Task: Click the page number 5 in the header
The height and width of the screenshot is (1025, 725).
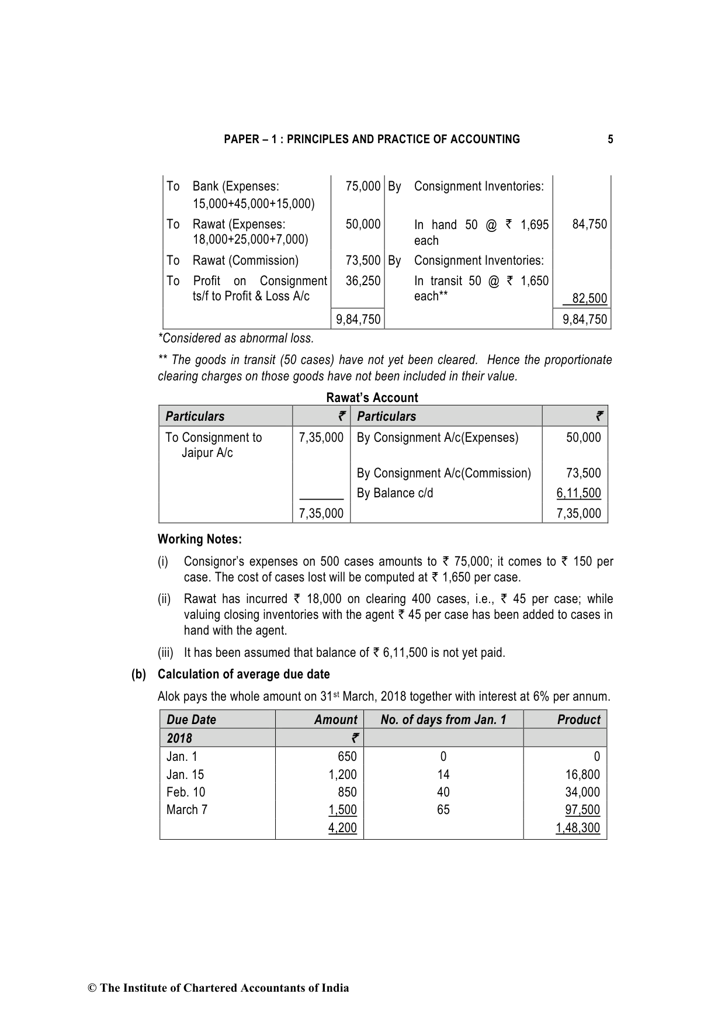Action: click(x=610, y=139)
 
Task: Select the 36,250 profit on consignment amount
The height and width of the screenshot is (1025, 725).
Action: click(x=363, y=281)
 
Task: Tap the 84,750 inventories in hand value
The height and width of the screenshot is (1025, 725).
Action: click(x=589, y=224)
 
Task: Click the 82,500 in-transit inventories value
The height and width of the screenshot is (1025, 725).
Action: click(x=589, y=299)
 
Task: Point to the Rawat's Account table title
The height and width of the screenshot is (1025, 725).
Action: click(x=372, y=398)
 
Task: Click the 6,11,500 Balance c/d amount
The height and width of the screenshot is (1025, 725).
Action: click(x=578, y=493)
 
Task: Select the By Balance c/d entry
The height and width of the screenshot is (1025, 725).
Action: click(x=395, y=493)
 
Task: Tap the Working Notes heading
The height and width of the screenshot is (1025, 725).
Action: click(x=199, y=539)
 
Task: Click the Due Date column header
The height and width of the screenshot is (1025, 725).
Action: click(x=191, y=720)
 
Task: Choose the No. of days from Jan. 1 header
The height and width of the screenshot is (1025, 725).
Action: click(x=443, y=720)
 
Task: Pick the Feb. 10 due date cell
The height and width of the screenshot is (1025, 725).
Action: click(x=186, y=792)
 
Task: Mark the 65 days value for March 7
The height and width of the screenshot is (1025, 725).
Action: click(x=443, y=810)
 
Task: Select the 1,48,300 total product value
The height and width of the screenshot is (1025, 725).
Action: click(x=577, y=828)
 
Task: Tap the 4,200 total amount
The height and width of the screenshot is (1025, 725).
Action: click(x=342, y=828)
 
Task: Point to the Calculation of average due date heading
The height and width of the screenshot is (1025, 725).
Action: click(x=244, y=674)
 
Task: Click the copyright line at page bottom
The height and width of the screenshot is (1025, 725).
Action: click(x=218, y=988)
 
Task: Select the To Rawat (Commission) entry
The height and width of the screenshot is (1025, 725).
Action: click(x=245, y=261)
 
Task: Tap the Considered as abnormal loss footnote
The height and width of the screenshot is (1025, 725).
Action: click(x=236, y=338)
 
